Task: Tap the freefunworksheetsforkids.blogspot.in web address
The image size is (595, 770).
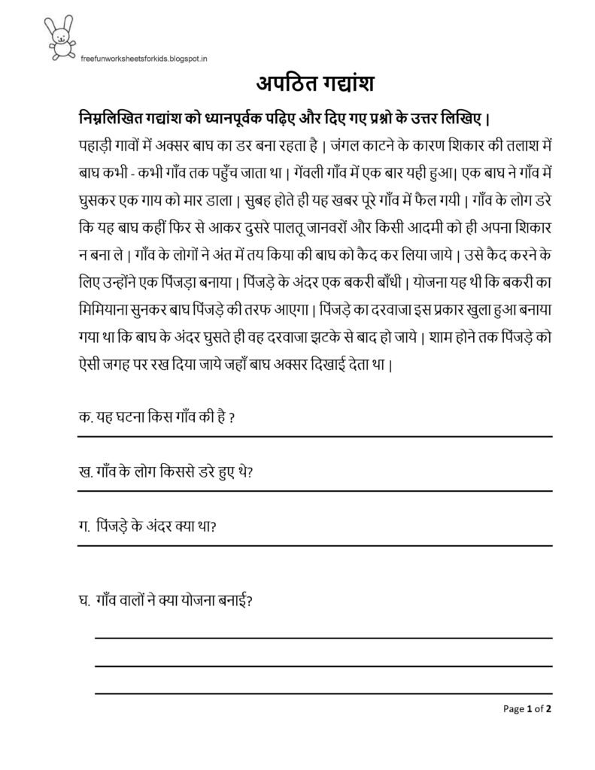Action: click(x=143, y=56)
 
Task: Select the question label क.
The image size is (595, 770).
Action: click(x=83, y=417)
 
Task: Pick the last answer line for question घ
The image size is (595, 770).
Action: click(x=323, y=693)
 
